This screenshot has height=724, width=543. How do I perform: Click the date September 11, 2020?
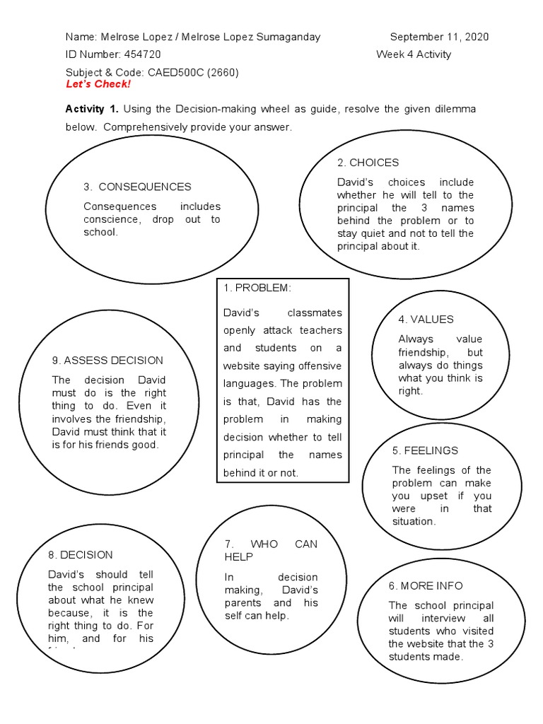(439, 37)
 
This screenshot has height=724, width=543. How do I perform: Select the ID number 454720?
(142, 54)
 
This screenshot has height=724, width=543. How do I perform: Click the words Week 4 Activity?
(413, 54)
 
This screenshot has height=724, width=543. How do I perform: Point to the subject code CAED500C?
(174, 72)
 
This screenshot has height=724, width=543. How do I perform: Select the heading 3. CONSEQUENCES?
(137, 187)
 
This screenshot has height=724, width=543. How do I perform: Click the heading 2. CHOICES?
(368, 163)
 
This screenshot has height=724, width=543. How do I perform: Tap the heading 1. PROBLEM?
(257, 288)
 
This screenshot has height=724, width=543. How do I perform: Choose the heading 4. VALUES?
(426, 320)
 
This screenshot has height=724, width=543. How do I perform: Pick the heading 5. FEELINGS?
(425, 450)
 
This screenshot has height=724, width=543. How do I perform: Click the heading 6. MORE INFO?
(426, 585)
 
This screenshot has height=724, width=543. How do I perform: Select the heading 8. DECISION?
(81, 555)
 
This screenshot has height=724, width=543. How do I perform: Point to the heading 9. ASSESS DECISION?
(107, 361)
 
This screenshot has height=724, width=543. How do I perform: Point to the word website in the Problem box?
(243, 366)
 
